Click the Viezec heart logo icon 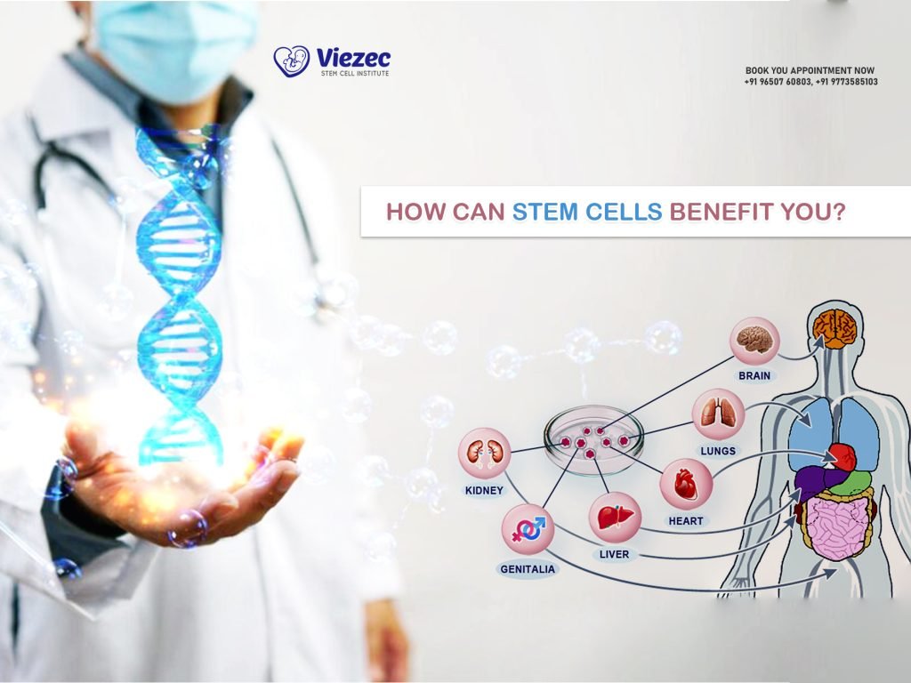point(291,61)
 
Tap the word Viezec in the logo point(353,58)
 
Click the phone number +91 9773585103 point(846,82)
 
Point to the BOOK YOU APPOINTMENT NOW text point(810,70)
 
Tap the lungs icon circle point(717,414)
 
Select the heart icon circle point(685,484)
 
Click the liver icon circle point(614,518)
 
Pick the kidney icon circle point(484,454)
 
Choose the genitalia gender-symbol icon point(528,530)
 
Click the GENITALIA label point(528,569)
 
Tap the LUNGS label point(717,451)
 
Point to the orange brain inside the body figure point(834,328)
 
